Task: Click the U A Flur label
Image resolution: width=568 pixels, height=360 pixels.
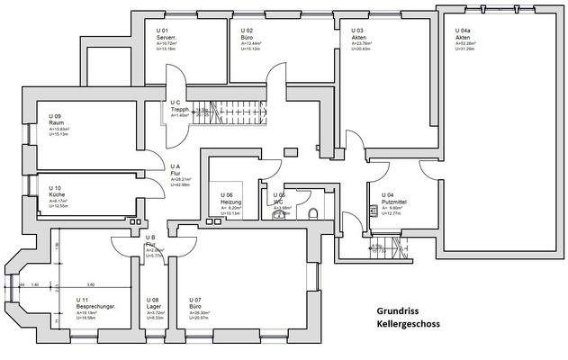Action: click(x=177, y=172)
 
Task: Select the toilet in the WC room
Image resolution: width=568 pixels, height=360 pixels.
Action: click(x=311, y=212)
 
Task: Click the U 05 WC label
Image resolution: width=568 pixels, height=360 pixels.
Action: click(x=280, y=198)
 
